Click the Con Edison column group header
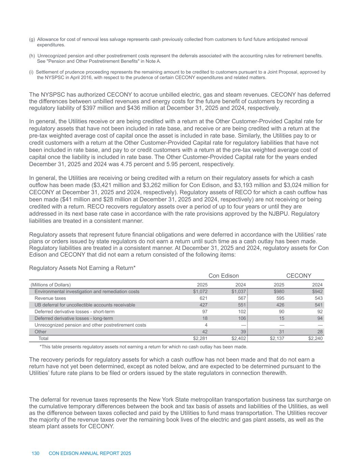224,276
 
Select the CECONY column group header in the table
299,276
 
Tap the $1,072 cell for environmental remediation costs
200,292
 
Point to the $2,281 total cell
200,338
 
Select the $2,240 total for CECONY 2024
315,338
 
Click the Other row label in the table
41,331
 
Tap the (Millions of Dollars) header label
51,285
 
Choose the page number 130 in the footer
35,453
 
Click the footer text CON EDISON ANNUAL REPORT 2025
90,453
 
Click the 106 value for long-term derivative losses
242,318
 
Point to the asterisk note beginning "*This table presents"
143,347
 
